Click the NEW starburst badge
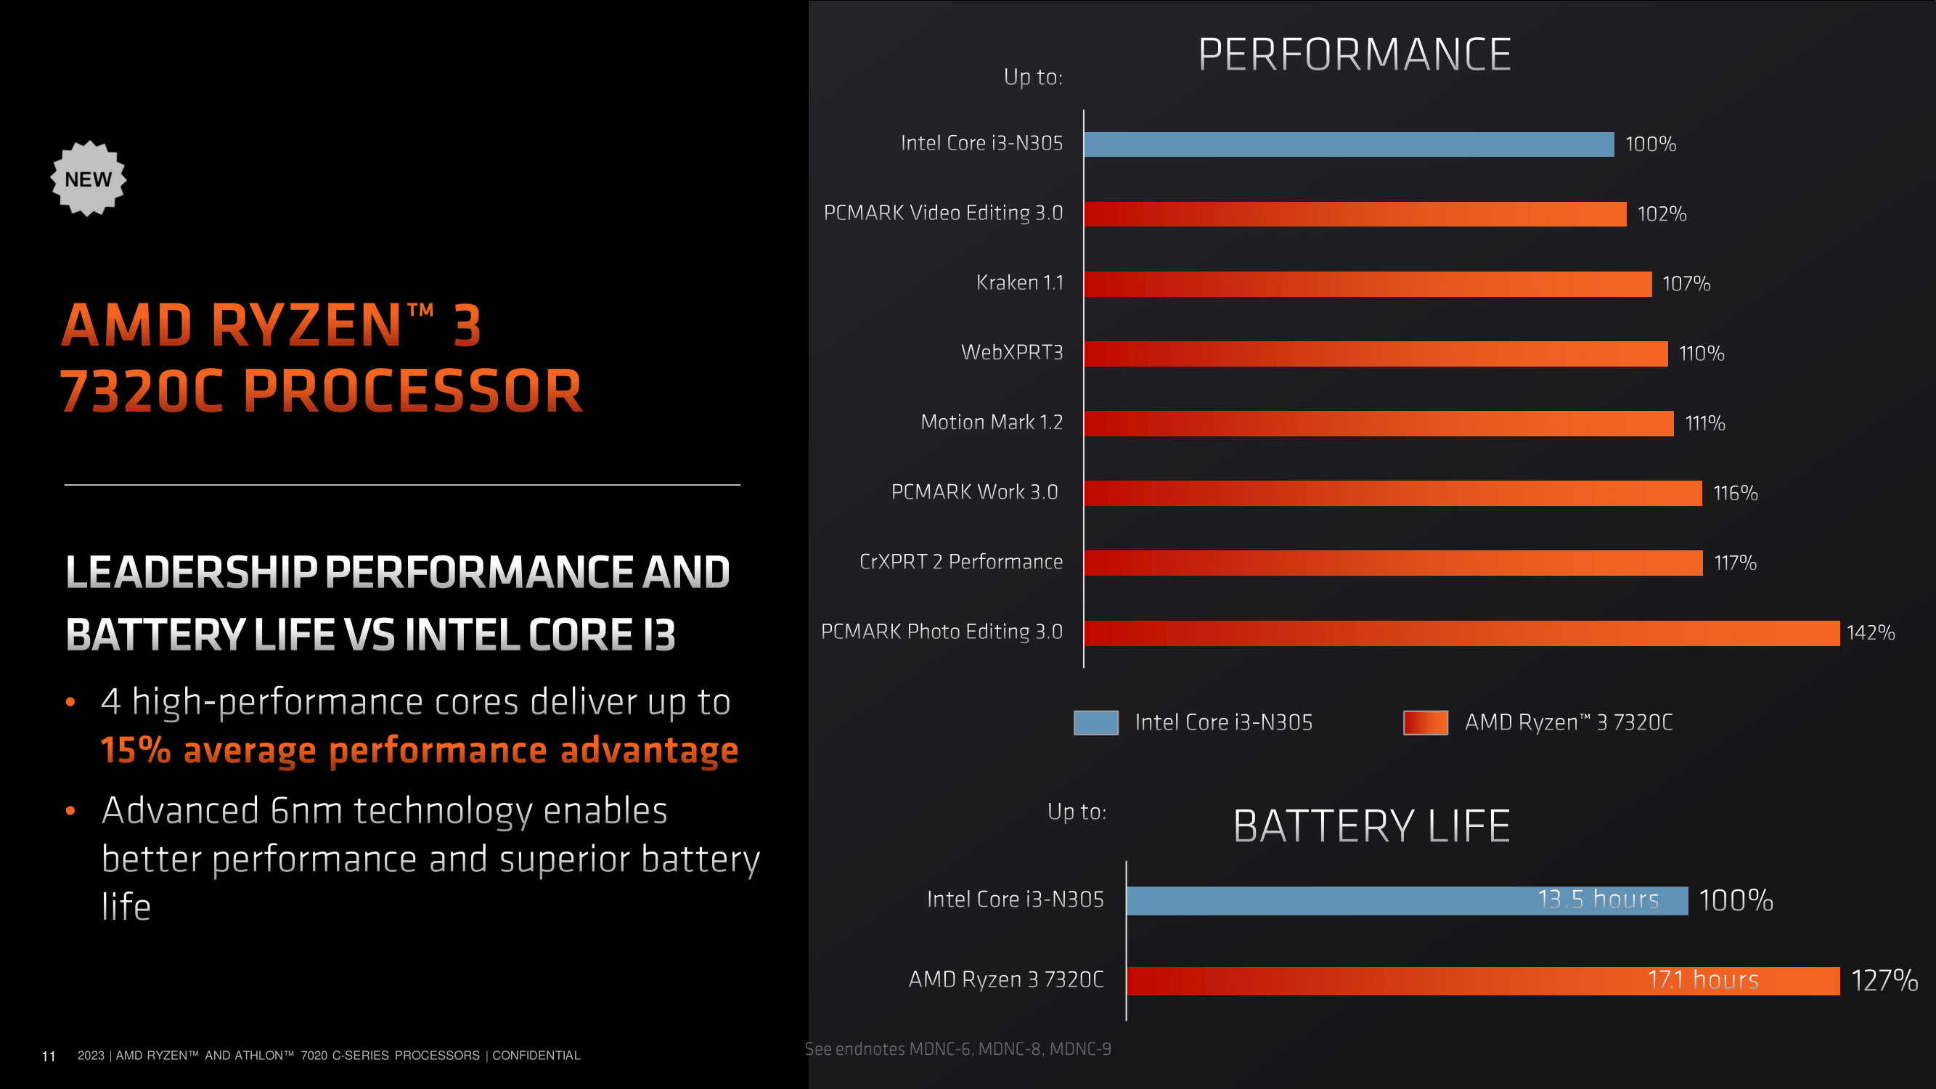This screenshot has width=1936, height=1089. pyautogui.click(x=88, y=179)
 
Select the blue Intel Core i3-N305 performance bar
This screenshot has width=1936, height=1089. pyautogui.click(x=1348, y=144)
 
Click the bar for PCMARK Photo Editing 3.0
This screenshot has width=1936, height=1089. pyautogui.click(x=1461, y=633)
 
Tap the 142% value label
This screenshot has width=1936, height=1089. pyautogui.click(x=1870, y=633)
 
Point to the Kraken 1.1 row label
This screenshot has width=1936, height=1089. pyautogui.click(x=1019, y=282)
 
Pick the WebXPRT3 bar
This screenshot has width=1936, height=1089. pyautogui.click(x=1376, y=354)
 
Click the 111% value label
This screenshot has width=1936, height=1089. pyautogui.click(x=1704, y=423)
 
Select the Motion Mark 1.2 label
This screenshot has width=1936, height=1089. pyautogui.click(x=992, y=423)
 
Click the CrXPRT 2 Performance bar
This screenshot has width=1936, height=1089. pyautogui.click(x=1392, y=563)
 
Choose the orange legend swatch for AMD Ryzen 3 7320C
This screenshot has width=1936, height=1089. pyautogui.click(x=1425, y=722)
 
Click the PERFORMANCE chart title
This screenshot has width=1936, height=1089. pyautogui.click(x=1355, y=55)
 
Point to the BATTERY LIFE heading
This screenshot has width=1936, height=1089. pyautogui.click(x=1371, y=826)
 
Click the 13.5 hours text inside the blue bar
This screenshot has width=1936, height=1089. pyautogui.click(x=1598, y=900)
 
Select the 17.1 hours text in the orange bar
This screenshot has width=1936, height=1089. pyautogui.click(x=1703, y=980)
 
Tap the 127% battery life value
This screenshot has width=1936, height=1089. pyautogui.click(x=1884, y=980)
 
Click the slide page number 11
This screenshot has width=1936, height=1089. pyautogui.click(x=49, y=1056)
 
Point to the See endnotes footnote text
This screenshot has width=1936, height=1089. pyautogui.click(x=957, y=1048)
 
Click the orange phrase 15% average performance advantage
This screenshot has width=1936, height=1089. pyautogui.click(x=420, y=750)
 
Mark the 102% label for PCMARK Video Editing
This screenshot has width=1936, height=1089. pyautogui.click(x=1662, y=214)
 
